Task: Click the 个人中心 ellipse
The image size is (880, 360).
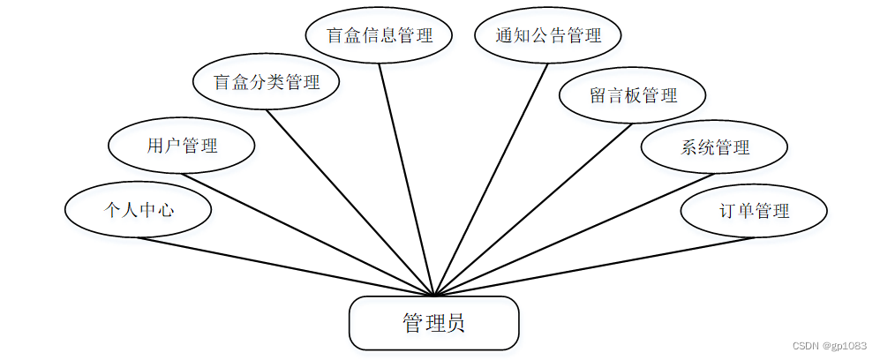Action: (138, 210)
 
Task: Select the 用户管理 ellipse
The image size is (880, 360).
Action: (182, 146)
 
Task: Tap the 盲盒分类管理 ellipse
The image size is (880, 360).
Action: (267, 82)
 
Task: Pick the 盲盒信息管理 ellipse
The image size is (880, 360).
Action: (380, 36)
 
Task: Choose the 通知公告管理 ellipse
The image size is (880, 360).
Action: (548, 36)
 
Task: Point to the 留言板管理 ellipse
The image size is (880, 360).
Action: (633, 95)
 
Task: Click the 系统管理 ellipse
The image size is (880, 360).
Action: (714, 146)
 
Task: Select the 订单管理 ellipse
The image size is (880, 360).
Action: (754, 211)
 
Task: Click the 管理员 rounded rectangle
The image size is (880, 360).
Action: (433, 323)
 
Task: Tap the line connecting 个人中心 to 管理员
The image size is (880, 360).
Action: (285, 266)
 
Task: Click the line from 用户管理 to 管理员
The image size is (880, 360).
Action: (308, 234)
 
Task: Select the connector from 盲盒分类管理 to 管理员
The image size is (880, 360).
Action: (350, 202)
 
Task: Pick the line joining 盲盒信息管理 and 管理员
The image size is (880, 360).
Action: (407, 179)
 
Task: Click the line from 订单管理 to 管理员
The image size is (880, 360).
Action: (593, 266)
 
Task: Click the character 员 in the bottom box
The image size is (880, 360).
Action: (455, 323)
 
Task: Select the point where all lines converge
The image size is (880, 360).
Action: (434, 296)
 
